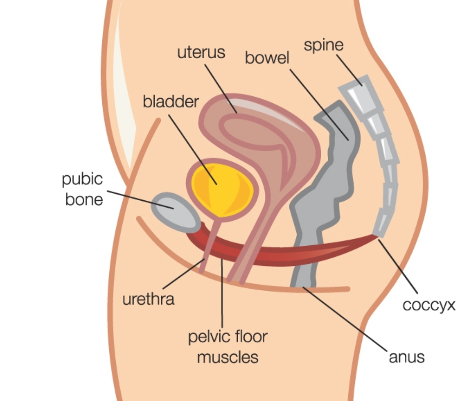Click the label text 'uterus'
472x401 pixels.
[x=201, y=52]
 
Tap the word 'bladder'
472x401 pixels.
[x=171, y=102]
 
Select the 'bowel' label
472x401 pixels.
[x=267, y=57]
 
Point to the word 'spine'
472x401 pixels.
[x=324, y=45]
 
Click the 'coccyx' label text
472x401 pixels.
[x=429, y=305]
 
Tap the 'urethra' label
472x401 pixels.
[x=148, y=300]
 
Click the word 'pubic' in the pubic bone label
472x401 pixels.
[x=82, y=179]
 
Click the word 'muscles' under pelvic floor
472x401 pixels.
[x=228, y=357]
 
